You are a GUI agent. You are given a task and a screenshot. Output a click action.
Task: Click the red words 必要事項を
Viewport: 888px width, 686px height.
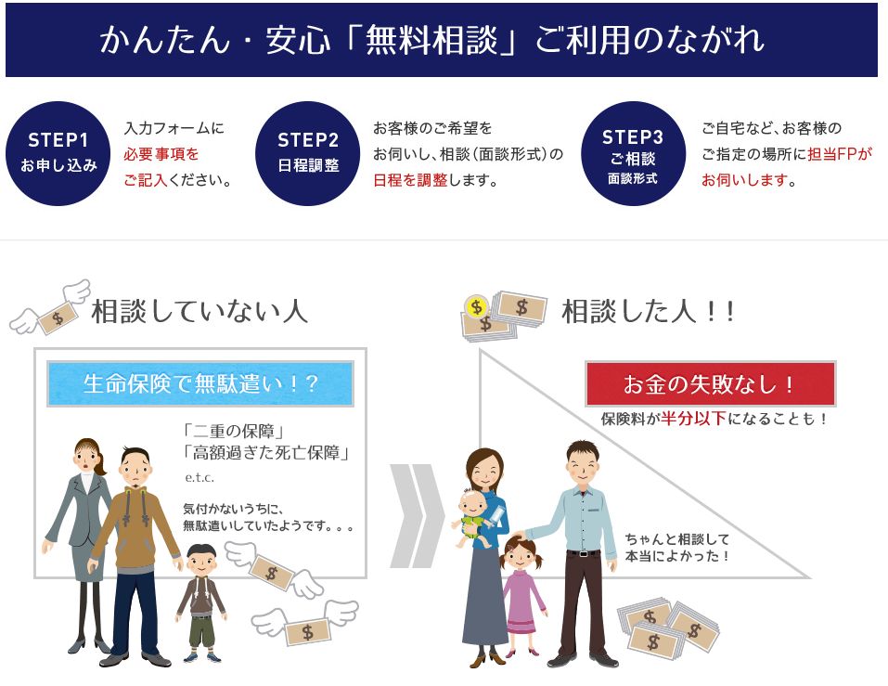(161, 154)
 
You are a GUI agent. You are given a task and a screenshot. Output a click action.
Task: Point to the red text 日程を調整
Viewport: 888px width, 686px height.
(410, 180)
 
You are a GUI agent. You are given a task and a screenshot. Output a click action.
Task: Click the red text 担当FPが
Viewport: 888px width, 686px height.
(840, 154)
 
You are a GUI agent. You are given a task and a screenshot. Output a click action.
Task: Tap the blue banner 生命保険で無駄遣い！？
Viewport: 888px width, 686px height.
(200, 384)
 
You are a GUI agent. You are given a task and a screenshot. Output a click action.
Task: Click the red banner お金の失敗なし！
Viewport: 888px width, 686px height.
(710, 384)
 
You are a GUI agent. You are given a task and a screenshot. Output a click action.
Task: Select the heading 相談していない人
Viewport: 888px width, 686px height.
(199, 312)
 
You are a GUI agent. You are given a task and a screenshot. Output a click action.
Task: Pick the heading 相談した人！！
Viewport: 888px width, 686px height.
(649, 312)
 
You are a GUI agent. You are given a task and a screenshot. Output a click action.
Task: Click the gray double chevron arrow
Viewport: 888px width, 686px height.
(415, 515)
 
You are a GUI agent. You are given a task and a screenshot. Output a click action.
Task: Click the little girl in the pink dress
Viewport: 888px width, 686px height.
(523, 594)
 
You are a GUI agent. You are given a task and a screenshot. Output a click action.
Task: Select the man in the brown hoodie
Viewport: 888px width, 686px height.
(137, 548)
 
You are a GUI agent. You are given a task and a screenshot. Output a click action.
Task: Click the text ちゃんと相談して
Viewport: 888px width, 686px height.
(677, 538)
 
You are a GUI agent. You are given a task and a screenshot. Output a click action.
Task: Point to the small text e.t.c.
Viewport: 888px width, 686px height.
(199, 477)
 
